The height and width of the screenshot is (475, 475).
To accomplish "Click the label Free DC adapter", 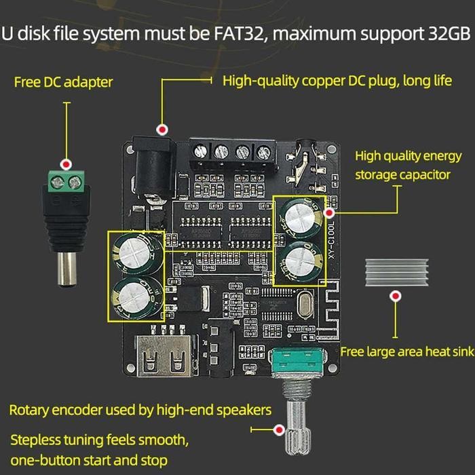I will click(64, 82).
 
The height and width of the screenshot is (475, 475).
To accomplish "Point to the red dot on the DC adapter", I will click(66, 165).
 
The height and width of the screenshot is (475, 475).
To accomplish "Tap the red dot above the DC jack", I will click(162, 129).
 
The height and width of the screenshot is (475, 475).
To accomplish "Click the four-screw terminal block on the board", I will click(232, 151).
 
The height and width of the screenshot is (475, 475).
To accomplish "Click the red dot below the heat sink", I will click(395, 297).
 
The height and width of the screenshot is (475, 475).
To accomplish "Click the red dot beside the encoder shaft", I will click(278, 430).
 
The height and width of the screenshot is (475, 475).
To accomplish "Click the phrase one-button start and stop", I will click(89, 461).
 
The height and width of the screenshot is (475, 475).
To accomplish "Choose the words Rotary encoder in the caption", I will click(51, 410).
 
